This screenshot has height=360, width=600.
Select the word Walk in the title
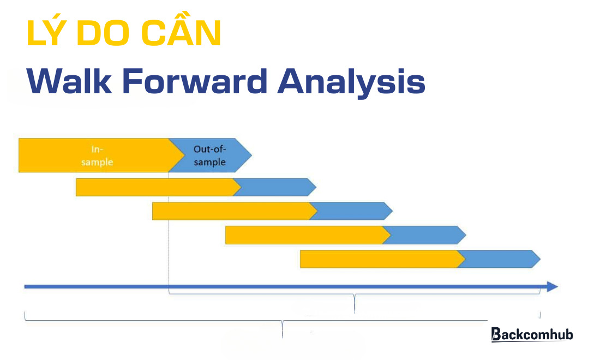click(x=66, y=82)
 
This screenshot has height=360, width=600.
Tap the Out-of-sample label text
click(x=209, y=155)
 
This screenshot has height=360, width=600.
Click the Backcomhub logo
click(x=532, y=334)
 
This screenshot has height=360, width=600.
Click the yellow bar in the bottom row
click(x=379, y=259)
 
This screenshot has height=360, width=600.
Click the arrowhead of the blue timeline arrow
click(x=553, y=286)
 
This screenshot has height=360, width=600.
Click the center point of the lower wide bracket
click(x=282, y=327)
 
